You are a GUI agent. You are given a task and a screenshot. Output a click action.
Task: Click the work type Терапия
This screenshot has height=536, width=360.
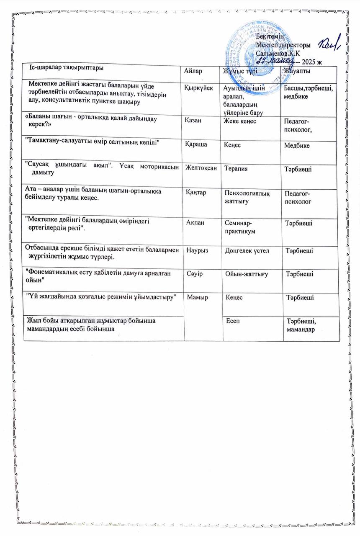236,168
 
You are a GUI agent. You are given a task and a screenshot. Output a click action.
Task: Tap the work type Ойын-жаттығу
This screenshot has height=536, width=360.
247,274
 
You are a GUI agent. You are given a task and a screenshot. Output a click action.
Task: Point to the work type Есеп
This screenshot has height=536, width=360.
233,321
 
